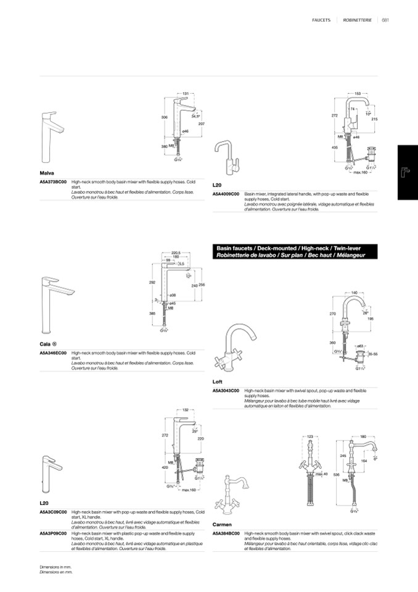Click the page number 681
coord(385,20)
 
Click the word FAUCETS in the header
coord(322,20)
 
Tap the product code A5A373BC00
coord(53,182)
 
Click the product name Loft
coord(218,381)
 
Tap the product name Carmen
coord(222,524)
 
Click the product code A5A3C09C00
coord(53,512)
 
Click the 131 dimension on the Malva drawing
coord(186,93)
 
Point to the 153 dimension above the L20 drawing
coord(358,93)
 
